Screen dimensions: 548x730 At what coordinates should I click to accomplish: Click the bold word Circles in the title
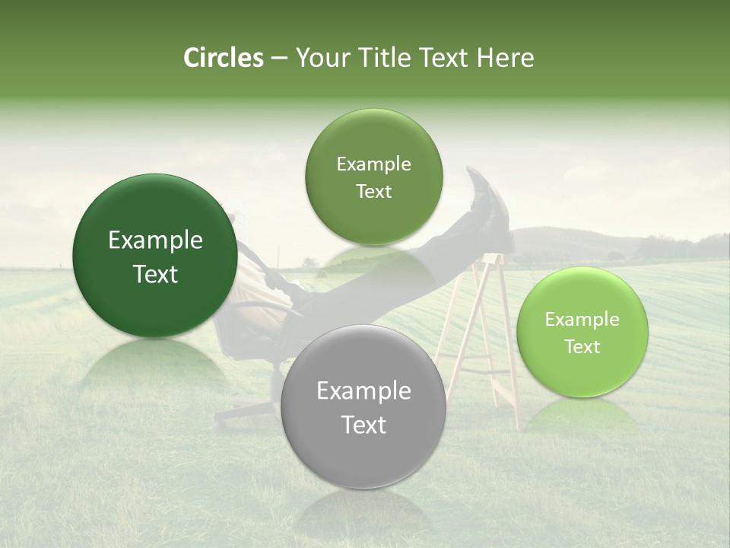click(x=223, y=58)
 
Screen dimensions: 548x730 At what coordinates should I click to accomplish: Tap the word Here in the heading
click(x=506, y=58)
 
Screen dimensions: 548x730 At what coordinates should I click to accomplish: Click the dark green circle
click(x=155, y=256)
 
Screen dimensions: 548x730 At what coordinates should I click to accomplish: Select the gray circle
click(x=363, y=406)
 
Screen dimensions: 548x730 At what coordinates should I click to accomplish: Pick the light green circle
click(x=582, y=333)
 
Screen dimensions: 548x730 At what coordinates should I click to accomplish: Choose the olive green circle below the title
click(x=373, y=177)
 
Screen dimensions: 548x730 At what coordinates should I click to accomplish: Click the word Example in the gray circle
click(x=363, y=391)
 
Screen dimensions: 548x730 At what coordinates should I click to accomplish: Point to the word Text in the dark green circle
click(x=155, y=274)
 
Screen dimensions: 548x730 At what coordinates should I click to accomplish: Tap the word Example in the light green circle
click(x=582, y=320)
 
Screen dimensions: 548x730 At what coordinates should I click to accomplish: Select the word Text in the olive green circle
click(x=373, y=191)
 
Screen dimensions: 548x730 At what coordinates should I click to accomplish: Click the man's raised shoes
click(x=487, y=202)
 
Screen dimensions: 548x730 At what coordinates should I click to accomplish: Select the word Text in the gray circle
click(x=363, y=425)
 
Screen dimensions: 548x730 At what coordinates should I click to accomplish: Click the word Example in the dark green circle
click(x=155, y=241)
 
